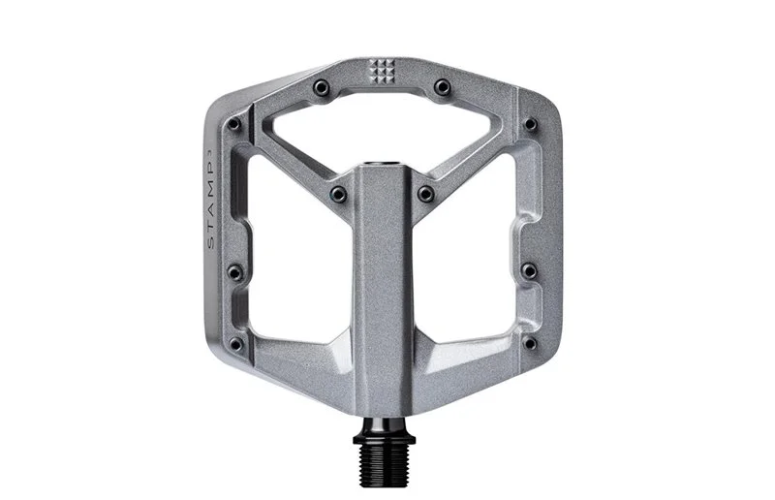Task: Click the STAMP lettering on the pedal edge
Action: (x=211, y=202)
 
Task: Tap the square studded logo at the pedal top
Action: (x=382, y=71)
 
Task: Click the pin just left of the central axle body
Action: (x=339, y=194)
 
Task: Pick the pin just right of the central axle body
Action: (x=425, y=194)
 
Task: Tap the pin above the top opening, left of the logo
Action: (x=322, y=88)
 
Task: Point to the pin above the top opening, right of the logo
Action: (x=442, y=87)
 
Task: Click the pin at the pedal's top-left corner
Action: (x=234, y=124)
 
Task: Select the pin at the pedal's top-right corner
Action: (x=530, y=123)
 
